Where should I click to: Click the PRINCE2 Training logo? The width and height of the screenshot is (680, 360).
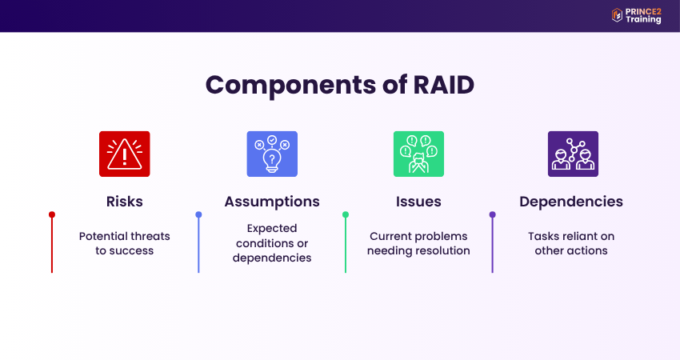tap(636, 15)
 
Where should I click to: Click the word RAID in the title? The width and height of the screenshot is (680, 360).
tap(438, 85)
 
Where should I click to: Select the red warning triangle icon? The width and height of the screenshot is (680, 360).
tap(124, 154)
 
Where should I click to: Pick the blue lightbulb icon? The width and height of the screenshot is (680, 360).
tap(272, 154)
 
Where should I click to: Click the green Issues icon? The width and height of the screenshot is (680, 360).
tap(418, 154)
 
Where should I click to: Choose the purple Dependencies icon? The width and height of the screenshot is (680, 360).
tap(573, 154)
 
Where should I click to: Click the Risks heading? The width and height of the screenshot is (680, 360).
tap(124, 202)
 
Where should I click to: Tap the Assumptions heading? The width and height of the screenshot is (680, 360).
tap(272, 202)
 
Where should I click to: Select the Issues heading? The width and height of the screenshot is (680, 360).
tap(419, 202)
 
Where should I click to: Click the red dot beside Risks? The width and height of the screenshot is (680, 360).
tap(52, 214)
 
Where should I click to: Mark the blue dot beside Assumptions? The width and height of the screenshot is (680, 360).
tap(198, 214)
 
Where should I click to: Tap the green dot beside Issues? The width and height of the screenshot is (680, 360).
tap(346, 214)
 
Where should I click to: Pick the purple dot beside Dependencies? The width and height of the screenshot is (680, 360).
tap(492, 214)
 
